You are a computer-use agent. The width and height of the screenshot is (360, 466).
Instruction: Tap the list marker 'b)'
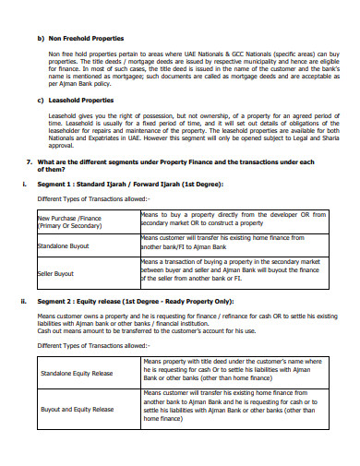click(40, 39)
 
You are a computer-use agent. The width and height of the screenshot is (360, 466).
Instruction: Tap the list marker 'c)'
click(40, 100)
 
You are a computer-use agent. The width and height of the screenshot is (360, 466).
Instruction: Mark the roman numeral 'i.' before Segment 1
click(23, 183)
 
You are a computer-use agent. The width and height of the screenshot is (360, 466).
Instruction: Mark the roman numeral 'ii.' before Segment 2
click(23, 301)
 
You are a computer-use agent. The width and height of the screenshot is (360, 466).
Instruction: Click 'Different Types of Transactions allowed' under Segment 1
click(91, 198)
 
